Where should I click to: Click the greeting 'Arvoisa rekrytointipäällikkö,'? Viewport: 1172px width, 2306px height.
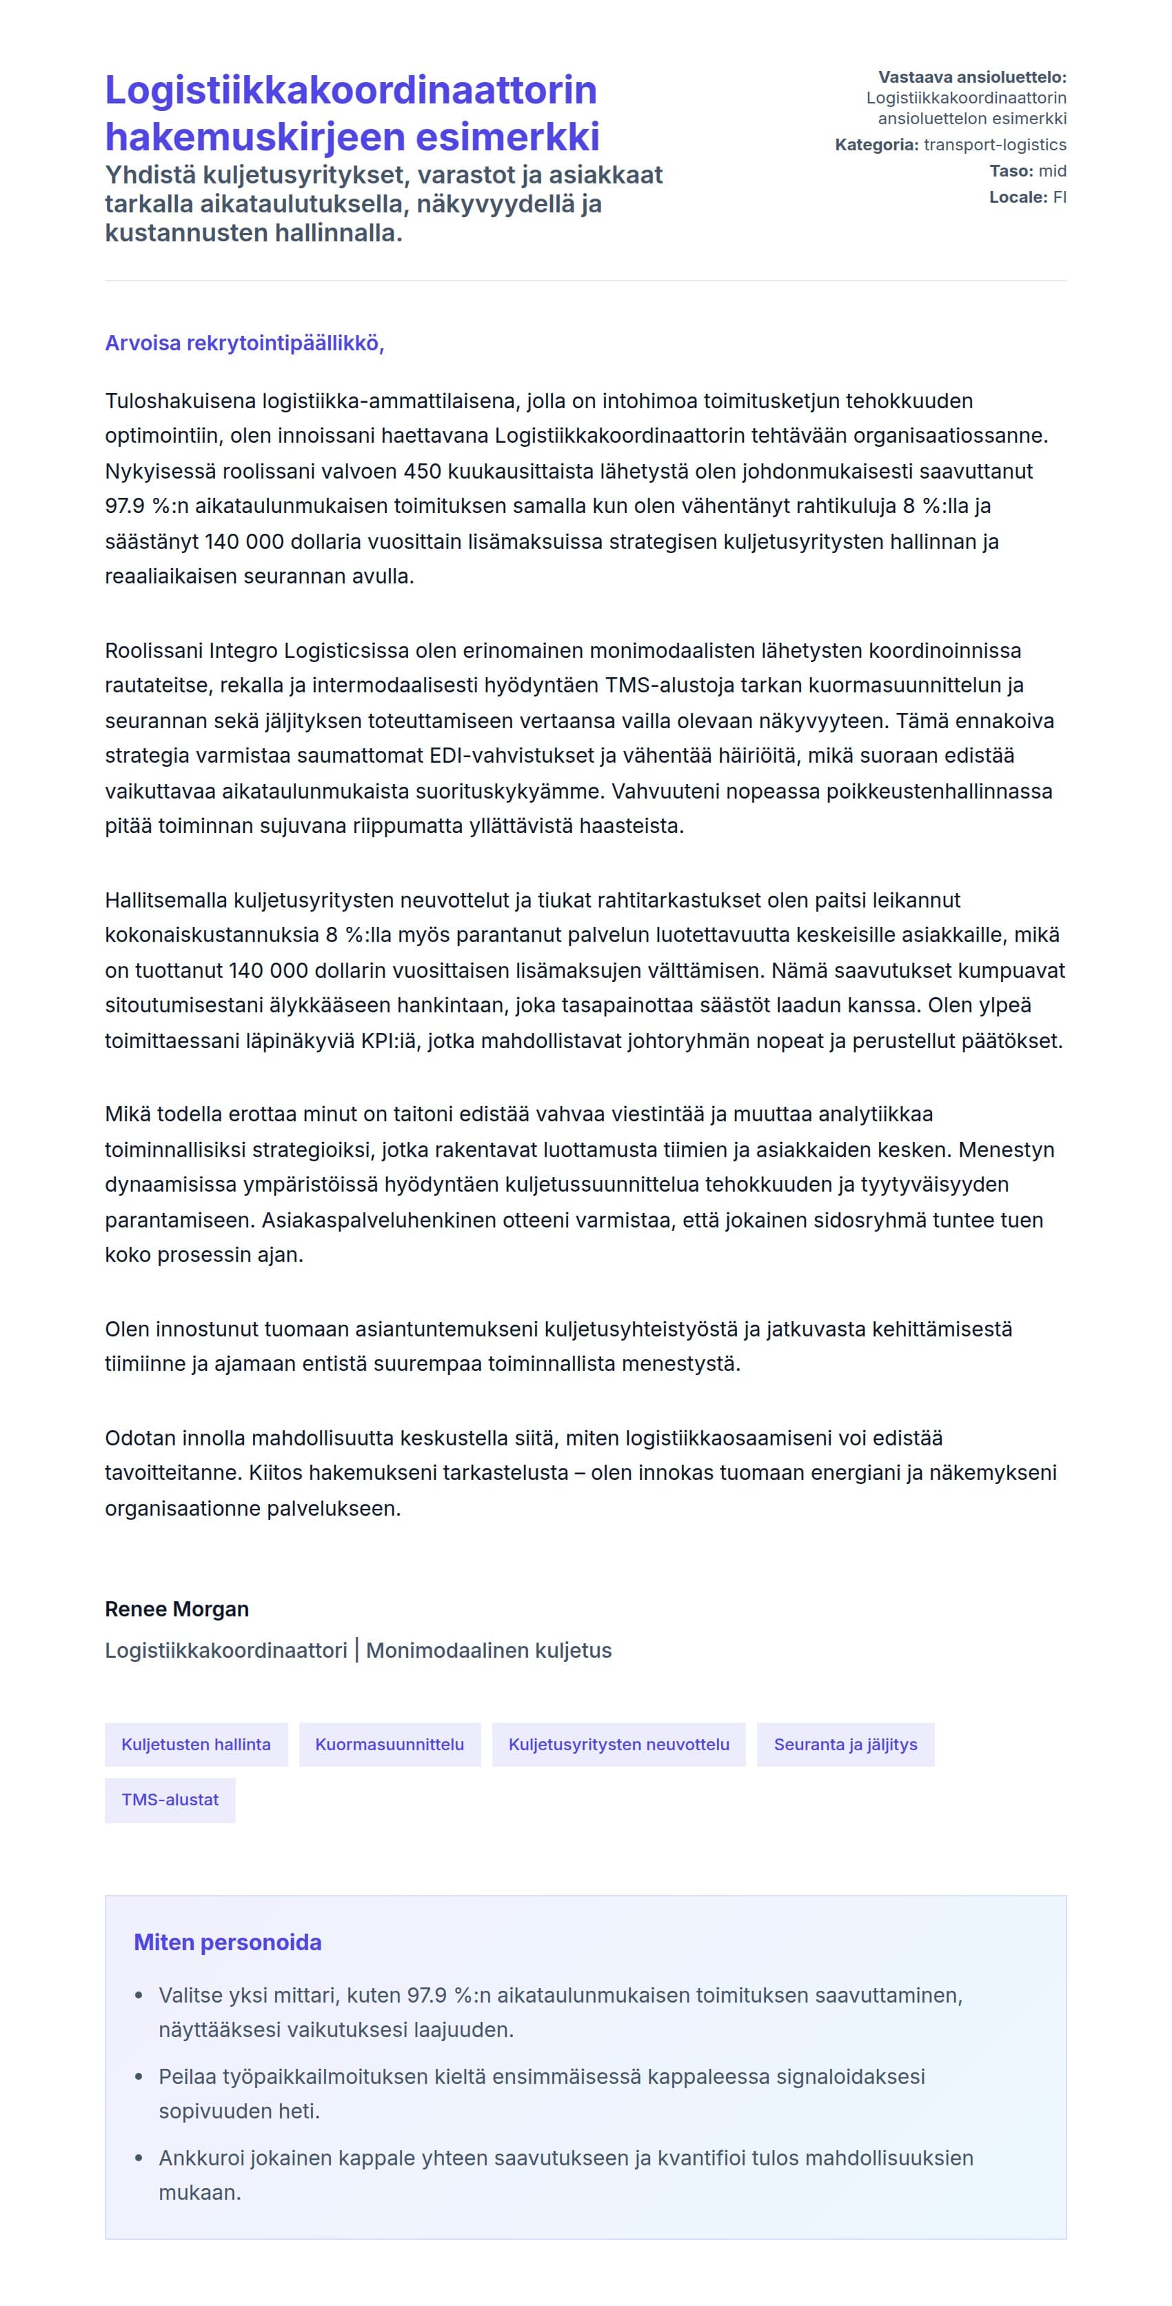pos(244,343)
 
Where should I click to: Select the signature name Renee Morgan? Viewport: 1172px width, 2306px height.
pos(176,1609)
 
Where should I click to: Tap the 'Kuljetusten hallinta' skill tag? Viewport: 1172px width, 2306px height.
pos(196,1744)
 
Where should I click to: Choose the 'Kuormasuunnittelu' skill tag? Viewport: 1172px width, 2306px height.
pos(390,1744)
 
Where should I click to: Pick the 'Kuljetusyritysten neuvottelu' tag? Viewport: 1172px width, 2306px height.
pos(618,1744)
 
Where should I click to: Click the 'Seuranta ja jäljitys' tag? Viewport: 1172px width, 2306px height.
pos(845,1744)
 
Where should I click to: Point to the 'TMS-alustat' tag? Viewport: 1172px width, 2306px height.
pos(170,1799)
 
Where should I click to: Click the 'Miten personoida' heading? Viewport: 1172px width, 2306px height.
pos(228,1942)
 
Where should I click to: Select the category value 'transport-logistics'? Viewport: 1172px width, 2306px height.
pos(995,144)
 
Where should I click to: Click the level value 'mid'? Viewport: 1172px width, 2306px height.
pos(1052,170)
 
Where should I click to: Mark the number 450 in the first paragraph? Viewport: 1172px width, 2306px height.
pos(423,471)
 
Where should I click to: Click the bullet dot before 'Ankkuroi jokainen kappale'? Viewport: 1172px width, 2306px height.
pos(139,2158)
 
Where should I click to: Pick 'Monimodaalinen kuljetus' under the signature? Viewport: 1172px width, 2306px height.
pos(489,1650)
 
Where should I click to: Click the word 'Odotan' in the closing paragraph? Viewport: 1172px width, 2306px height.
pos(141,1438)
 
